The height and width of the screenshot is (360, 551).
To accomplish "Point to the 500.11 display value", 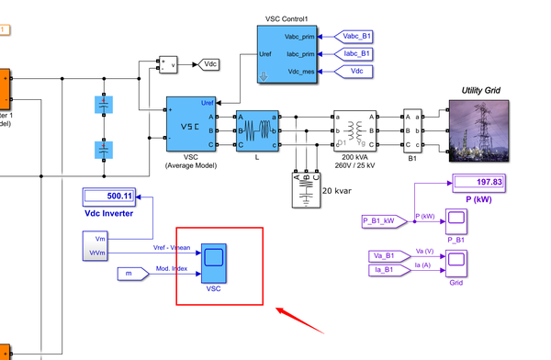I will pyautogui.click(x=108, y=196).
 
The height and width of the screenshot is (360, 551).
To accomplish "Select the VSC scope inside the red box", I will pyautogui.click(x=214, y=261).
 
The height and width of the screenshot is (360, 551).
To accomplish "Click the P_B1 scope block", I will pyautogui.click(x=455, y=220).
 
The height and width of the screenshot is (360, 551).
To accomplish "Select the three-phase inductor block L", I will pyautogui.click(x=257, y=130).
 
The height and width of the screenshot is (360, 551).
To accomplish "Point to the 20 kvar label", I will pyautogui.click(x=335, y=191).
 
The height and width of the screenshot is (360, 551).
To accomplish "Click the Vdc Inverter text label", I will pyautogui.click(x=108, y=213).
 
